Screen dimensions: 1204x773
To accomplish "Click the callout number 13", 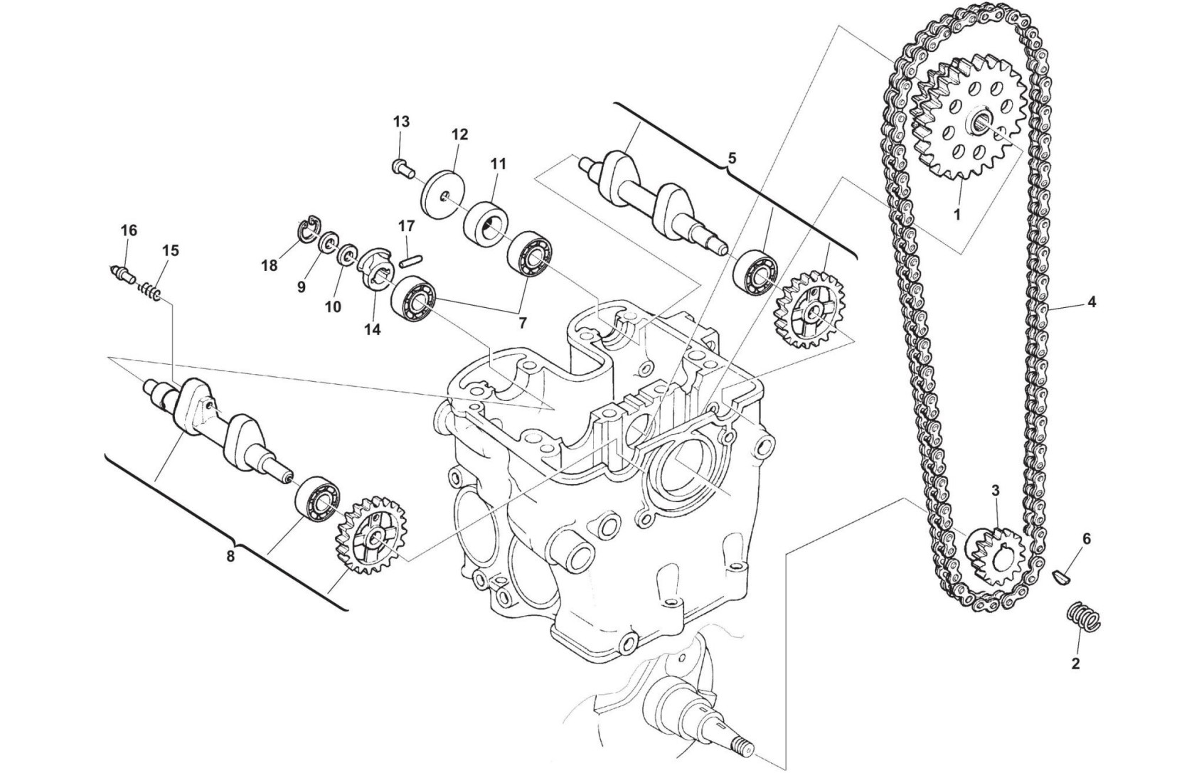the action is (401, 122).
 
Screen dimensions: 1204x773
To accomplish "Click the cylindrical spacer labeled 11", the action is (485, 223).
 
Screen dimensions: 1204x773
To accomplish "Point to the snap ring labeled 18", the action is (309, 230).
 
